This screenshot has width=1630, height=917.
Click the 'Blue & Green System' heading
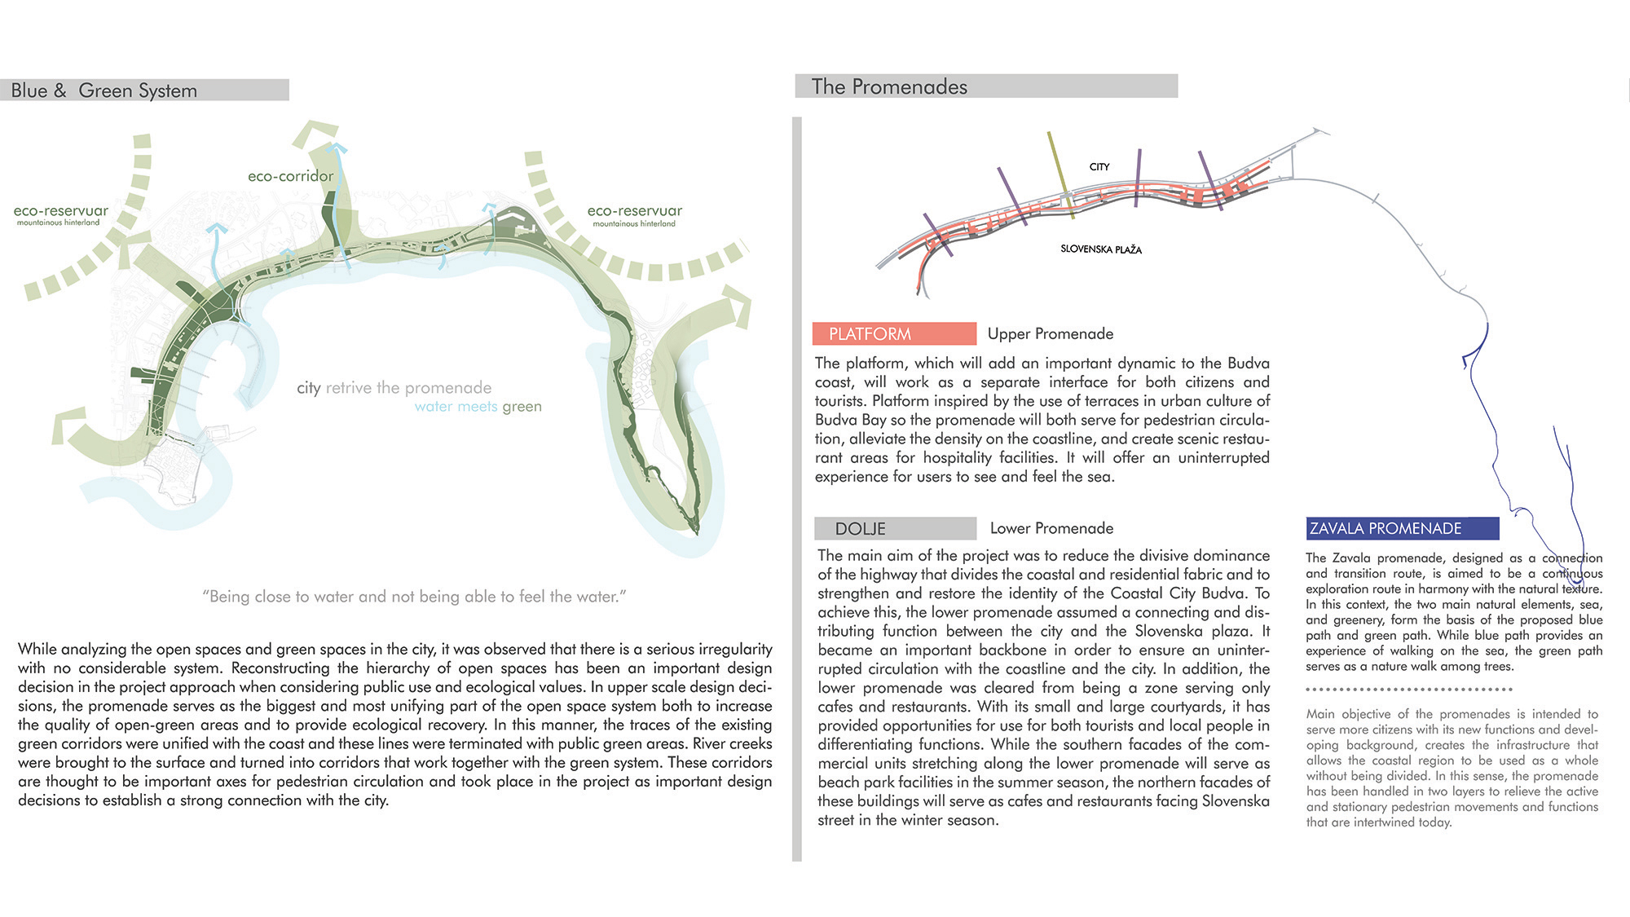pyautogui.click(x=104, y=90)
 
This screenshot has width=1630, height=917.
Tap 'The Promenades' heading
pyautogui.click(x=889, y=86)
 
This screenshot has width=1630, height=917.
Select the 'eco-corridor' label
pyautogui.click(x=290, y=176)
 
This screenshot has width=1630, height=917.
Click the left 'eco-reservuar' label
pyautogui.click(x=60, y=211)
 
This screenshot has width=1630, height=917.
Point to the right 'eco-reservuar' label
pyautogui.click(x=634, y=211)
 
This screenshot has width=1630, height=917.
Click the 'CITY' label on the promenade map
pyautogui.click(x=1099, y=167)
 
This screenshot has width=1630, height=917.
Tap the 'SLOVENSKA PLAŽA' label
pyautogui.click(x=1100, y=249)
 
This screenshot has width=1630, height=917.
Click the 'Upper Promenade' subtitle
pyautogui.click(x=1050, y=333)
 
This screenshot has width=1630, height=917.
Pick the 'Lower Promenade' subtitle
pyautogui.click(x=1051, y=528)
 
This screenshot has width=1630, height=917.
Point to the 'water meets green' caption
pyautogui.click(x=478, y=407)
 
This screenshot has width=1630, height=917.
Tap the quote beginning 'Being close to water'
pyautogui.click(x=414, y=597)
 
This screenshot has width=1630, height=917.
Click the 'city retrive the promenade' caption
pyautogui.click(x=394, y=388)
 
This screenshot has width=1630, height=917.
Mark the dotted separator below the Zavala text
pyautogui.click(x=1408, y=690)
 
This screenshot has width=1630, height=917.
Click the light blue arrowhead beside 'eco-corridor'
pyautogui.click(x=337, y=148)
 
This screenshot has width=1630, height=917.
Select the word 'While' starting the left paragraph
pyautogui.click(x=37, y=650)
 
